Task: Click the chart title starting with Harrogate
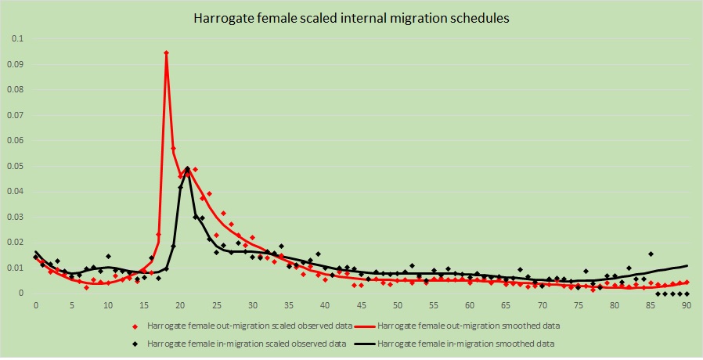coord(351,18)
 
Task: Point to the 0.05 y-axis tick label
coord(16,166)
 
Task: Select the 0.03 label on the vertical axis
coord(16,217)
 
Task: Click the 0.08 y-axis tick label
coord(16,89)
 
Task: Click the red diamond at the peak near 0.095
coord(166,52)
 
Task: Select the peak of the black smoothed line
coord(187,168)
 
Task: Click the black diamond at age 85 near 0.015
coord(651,254)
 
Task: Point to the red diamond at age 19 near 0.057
coord(173,148)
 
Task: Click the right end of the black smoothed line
coord(687,266)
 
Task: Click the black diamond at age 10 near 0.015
coord(108,256)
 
